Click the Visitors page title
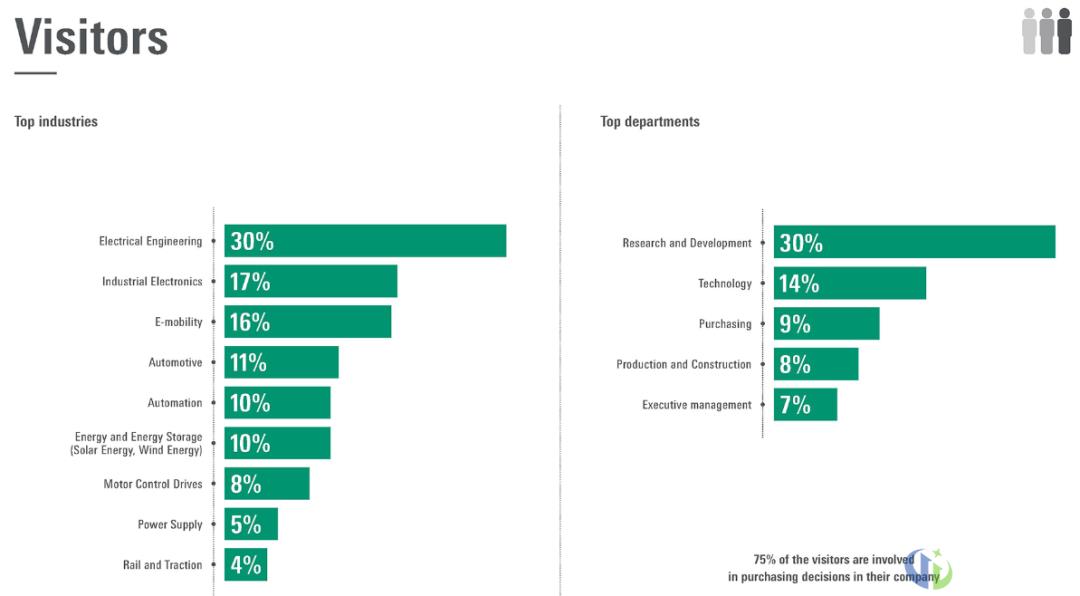coord(91,37)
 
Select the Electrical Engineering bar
coord(365,241)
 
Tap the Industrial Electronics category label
coord(152,282)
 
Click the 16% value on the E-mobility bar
coord(250,322)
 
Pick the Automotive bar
coord(281,362)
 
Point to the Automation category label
coord(175,403)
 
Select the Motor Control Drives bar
coord(267,484)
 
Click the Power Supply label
coord(170,525)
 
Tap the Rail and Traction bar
coord(246,565)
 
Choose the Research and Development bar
coord(914,242)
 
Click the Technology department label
coord(725,284)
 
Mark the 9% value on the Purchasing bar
coord(795,324)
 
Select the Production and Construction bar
coord(816,364)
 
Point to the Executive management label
coord(697,405)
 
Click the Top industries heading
coord(56,122)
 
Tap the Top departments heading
coord(650,122)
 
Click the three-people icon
coord(1046,31)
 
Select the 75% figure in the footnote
coord(765,560)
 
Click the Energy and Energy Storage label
coord(138,444)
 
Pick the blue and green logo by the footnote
coord(930,569)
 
